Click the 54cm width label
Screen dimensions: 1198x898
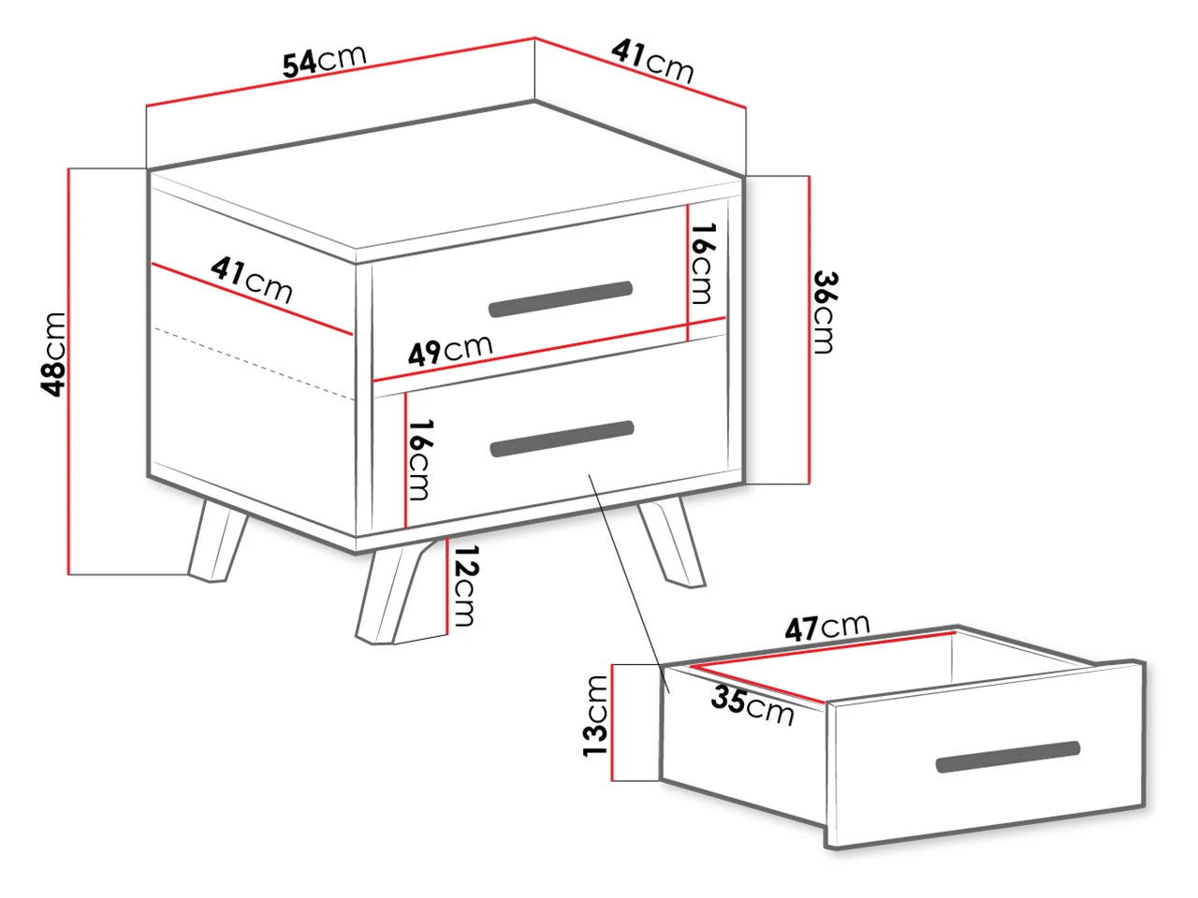(x=324, y=59)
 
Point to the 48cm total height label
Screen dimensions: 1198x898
(x=53, y=355)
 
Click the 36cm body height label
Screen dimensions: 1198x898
(x=825, y=312)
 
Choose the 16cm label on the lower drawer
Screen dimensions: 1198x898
(x=419, y=459)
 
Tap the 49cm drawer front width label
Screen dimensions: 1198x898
(x=450, y=350)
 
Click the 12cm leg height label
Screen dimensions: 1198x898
(x=464, y=585)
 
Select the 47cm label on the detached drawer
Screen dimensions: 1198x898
(x=826, y=627)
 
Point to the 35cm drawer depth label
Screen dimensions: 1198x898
(x=752, y=706)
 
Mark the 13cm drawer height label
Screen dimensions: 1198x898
(x=595, y=716)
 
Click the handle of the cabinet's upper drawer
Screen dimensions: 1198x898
(x=561, y=298)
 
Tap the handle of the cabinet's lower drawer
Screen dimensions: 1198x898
(x=562, y=439)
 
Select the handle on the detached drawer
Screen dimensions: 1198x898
(x=1008, y=757)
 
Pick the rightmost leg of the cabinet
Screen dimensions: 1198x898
(x=672, y=543)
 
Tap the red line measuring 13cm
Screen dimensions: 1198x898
(x=612, y=722)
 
